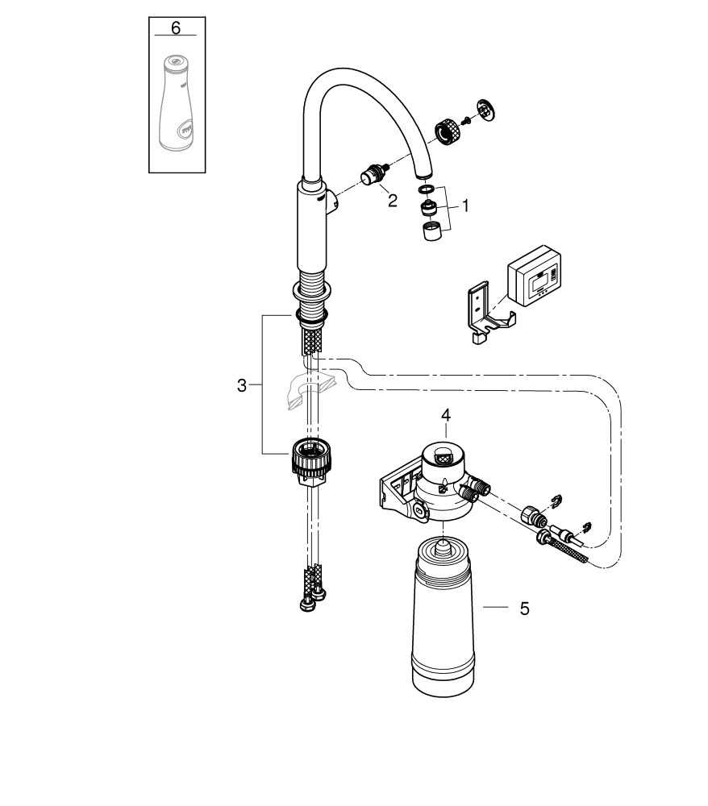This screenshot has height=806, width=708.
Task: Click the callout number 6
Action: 177,29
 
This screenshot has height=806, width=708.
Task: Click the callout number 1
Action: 464,206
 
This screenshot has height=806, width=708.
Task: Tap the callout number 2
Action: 392,201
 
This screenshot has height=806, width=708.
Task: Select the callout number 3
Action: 242,386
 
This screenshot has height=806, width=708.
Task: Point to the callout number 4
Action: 446,415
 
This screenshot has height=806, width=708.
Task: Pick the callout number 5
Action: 524,609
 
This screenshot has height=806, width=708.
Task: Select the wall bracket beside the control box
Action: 482,314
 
